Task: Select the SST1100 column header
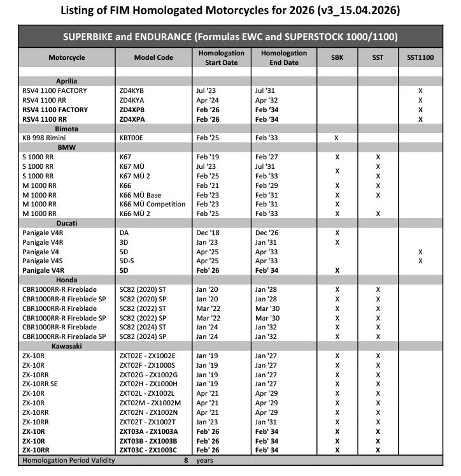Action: (420, 57)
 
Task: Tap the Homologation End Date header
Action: (280, 57)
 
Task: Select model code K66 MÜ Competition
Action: (152, 204)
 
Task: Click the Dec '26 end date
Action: (266, 233)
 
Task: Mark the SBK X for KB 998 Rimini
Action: (337, 138)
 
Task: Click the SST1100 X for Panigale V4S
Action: (420, 261)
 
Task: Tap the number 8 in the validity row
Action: (186, 459)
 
